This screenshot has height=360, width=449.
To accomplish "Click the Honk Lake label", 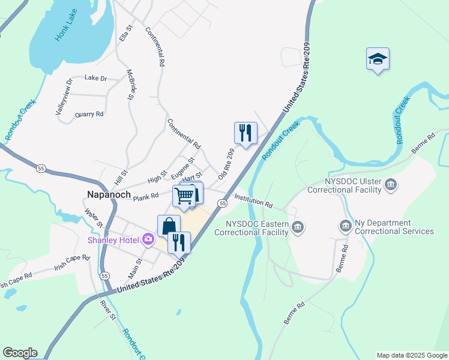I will [67, 28].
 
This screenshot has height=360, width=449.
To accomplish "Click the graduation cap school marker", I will [378, 59].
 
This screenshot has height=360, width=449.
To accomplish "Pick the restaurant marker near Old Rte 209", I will [246, 133].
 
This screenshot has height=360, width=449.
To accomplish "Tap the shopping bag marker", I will [169, 226].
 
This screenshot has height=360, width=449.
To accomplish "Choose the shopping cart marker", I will [185, 195].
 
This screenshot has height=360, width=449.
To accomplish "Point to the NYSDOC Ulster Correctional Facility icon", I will [391, 184].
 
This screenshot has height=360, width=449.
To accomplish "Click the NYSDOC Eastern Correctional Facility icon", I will [298, 227].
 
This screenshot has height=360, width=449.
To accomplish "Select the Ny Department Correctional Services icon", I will [346, 226].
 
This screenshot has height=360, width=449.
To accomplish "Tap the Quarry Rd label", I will [89, 113].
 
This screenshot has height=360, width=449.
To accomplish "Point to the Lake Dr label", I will [95, 78].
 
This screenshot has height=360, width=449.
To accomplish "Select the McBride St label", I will [130, 84].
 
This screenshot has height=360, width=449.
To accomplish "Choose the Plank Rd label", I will [146, 197].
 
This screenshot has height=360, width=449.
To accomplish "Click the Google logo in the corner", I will [20, 353].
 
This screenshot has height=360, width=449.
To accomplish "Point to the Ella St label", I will [125, 33].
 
